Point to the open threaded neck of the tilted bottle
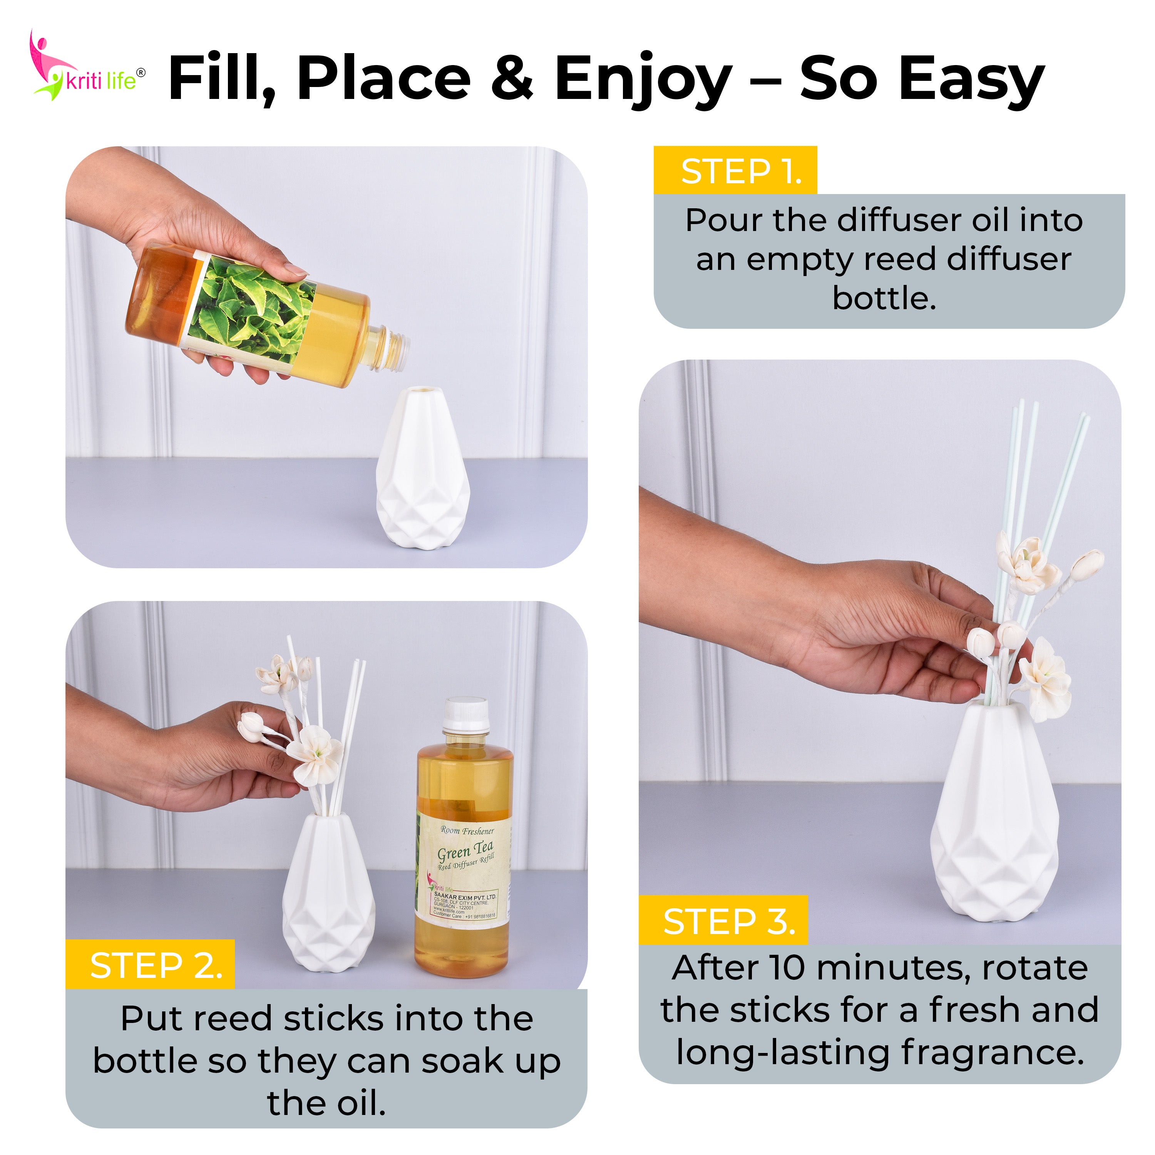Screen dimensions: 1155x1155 tap(395, 347)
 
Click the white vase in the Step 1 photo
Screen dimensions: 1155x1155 tap(423, 472)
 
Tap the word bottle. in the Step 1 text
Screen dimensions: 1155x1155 tap(884, 298)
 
